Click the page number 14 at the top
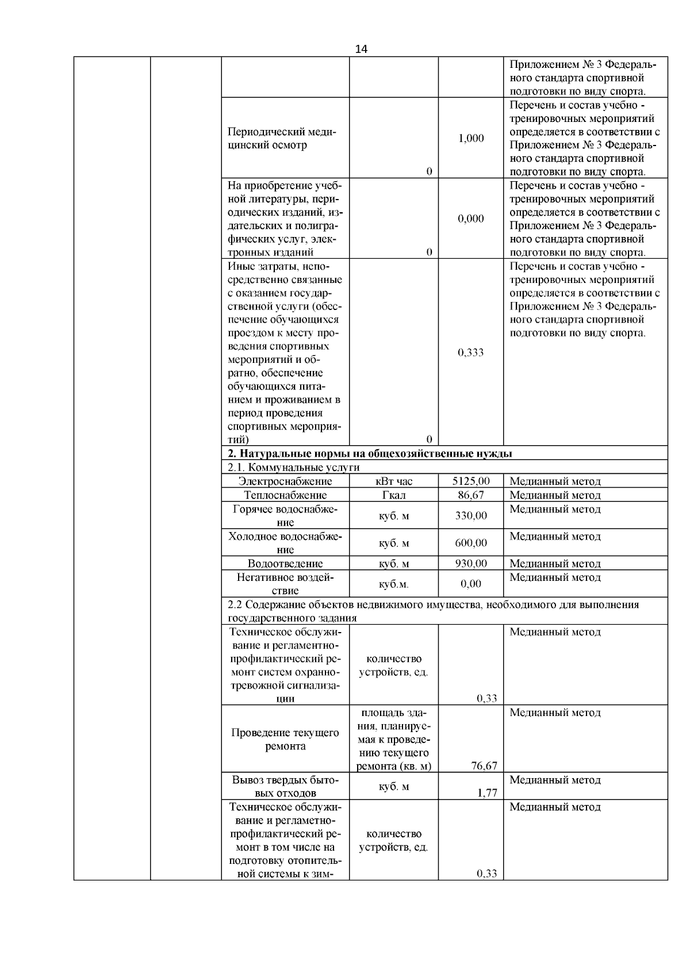point(361,49)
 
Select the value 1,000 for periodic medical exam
point(471,138)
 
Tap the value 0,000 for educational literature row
point(471,219)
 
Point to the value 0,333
point(471,353)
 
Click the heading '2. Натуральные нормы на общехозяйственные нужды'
point(370,453)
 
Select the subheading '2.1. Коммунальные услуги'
point(294,467)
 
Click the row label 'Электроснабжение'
point(285,481)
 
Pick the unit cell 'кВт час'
point(394,481)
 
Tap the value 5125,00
point(471,481)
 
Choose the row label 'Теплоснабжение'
point(285,495)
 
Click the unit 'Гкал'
point(394,495)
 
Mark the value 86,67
point(471,495)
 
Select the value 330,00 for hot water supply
point(471,515)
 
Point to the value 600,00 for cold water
point(471,543)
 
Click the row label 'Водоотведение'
point(285,564)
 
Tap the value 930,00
point(471,564)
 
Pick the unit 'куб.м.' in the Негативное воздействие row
point(394,584)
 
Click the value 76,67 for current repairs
point(484,766)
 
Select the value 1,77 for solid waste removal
point(487,793)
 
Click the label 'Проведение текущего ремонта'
point(285,740)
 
